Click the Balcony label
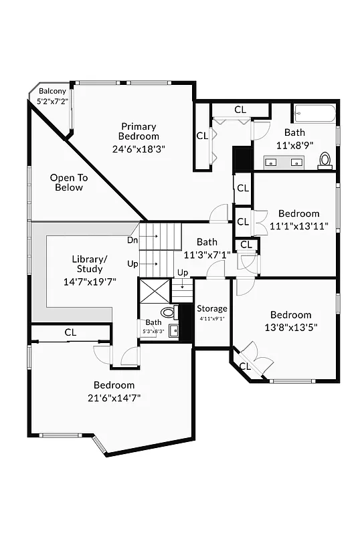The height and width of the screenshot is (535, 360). [52, 91]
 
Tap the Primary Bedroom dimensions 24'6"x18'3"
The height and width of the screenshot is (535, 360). [139, 149]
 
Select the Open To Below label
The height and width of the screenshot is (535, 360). [69, 183]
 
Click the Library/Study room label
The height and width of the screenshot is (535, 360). [90, 263]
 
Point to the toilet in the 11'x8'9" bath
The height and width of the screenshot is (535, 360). [325, 159]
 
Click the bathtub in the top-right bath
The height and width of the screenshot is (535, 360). [314, 114]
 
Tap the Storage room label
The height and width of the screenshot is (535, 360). [211, 308]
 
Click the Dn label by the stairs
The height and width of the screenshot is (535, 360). [132, 239]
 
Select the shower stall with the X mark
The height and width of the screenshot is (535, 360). [153, 292]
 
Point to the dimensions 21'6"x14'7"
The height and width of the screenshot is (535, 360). [114, 397]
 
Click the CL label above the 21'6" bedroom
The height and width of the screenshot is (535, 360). [70, 332]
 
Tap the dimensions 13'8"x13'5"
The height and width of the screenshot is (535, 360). [290, 327]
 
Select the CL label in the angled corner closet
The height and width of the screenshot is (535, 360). [245, 366]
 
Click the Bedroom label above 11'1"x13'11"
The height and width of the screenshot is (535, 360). [299, 214]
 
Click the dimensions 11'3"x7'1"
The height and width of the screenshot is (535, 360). [207, 254]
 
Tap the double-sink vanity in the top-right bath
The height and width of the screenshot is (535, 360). [285, 160]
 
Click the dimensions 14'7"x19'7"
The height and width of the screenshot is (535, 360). [90, 282]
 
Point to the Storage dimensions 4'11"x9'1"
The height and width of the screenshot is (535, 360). [211, 319]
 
